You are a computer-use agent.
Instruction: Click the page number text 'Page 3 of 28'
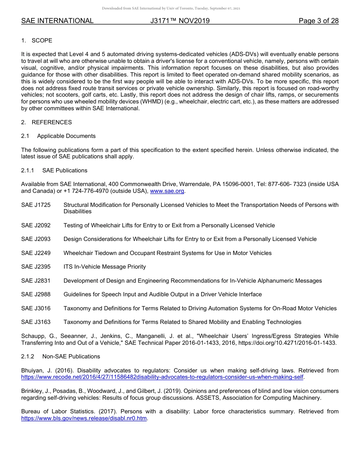point(318,21)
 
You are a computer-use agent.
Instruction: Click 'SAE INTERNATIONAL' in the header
point(57,21)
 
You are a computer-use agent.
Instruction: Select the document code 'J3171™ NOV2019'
point(180,21)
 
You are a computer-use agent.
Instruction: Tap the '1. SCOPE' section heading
point(37,41)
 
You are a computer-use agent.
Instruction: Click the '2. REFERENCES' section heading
point(46,122)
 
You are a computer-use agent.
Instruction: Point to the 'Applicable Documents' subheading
point(66,136)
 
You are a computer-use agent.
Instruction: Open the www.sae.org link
point(167,191)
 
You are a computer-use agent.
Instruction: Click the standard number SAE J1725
point(36,205)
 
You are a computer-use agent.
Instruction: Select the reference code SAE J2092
point(36,225)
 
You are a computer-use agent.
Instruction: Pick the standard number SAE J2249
point(36,253)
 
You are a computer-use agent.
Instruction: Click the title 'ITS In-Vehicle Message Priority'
point(105,267)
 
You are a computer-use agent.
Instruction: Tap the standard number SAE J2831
point(36,281)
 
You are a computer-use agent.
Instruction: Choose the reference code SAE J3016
point(36,308)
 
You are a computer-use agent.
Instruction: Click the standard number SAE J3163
point(36,322)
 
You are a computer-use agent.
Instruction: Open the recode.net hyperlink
point(163,377)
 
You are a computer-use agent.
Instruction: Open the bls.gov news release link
point(84,419)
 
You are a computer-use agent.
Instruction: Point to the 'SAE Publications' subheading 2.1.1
point(65,170)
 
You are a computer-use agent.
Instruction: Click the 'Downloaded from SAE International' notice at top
point(171,8)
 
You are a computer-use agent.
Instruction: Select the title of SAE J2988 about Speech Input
point(163,294)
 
